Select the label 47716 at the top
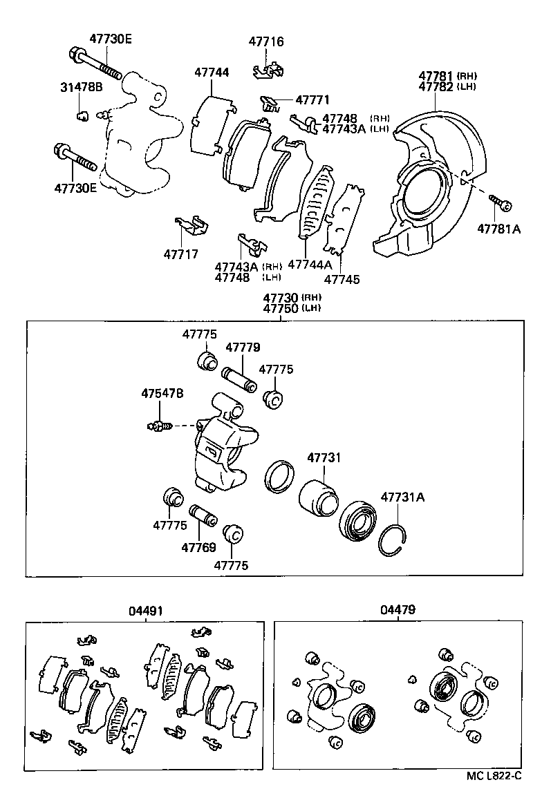(266, 42)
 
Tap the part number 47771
(312, 99)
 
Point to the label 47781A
(498, 229)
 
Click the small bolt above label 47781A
(501, 202)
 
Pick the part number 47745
(342, 279)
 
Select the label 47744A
(310, 265)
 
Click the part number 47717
(181, 254)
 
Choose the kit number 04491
(146, 611)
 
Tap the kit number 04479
(398, 611)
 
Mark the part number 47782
(436, 86)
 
